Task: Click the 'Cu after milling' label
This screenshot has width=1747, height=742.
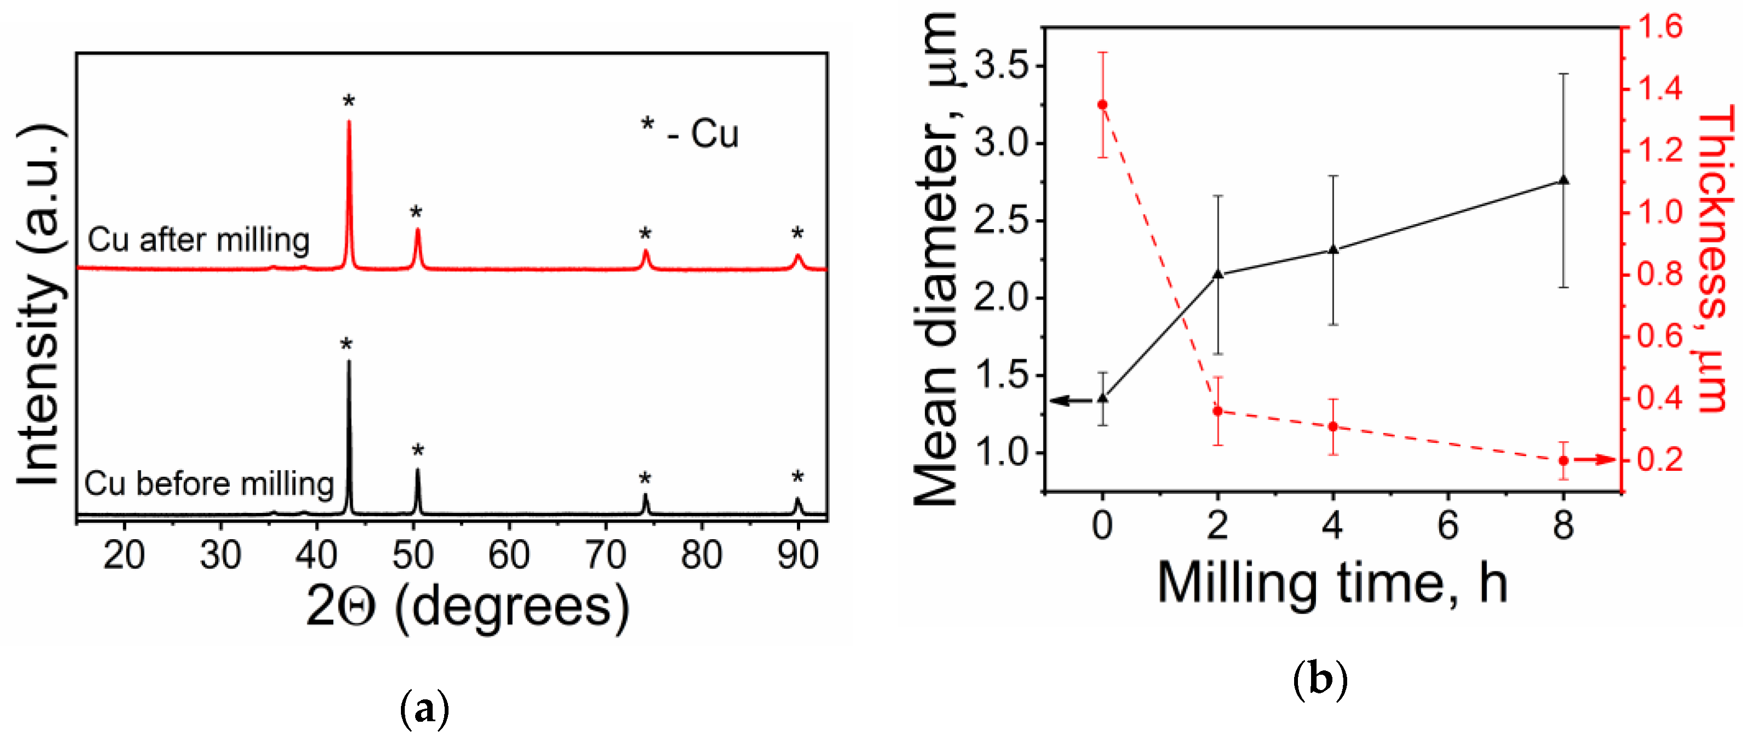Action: tap(199, 240)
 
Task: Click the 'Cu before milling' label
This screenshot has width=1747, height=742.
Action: tap(209, 483)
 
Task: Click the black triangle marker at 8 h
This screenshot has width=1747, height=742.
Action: tap(1564, 180)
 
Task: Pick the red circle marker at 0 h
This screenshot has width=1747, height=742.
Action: tap(1103, 104)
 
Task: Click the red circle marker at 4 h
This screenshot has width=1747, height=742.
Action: tap(1333, 426)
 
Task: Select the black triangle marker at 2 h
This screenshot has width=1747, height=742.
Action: tap(1218, 274)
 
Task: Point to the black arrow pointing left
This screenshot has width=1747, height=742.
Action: tap(1070, 400)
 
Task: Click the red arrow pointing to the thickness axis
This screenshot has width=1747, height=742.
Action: tap(1594, 460)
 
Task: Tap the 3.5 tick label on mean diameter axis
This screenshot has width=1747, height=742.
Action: tap(1000, 66)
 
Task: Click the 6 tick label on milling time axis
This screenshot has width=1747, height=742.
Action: tap(1448, 525)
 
